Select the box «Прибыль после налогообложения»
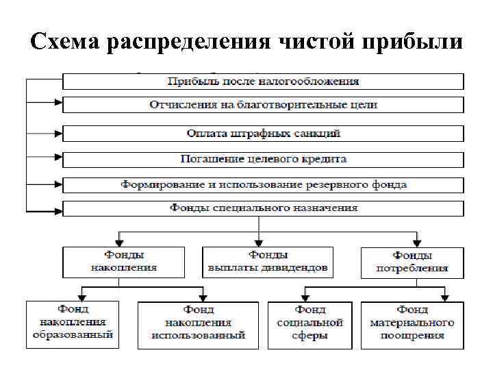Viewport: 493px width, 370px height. click(x=263, y=82)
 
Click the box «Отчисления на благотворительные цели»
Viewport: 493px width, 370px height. click(x=263, y=106)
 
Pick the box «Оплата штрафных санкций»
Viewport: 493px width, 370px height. click(x=263, y=133)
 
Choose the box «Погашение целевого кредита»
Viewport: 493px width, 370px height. click(x=263, y=159)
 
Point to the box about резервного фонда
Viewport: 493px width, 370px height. click(x=263, y=185)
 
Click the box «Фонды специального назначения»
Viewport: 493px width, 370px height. click(x=263, y=208)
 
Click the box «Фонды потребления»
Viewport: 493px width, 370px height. click(x=412, y=262)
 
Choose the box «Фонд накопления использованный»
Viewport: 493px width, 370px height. click(x=199, y=325)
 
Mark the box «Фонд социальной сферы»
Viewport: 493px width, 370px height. click(x=309, y=325)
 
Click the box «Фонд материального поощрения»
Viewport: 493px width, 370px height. click(x=412, y=325)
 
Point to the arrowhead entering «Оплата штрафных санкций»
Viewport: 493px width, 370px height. click(x=60, y=133)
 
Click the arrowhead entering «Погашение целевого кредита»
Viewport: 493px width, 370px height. click(x=60, y=159)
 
